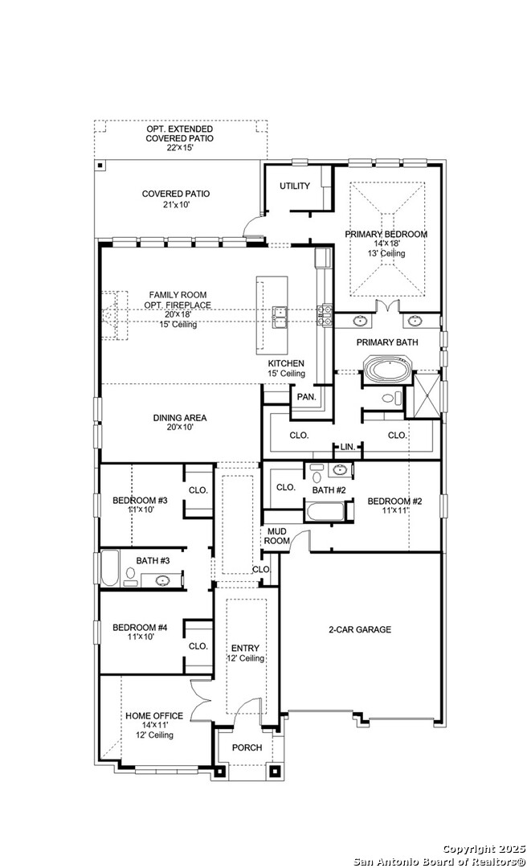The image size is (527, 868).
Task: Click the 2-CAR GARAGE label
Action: coord(360,629)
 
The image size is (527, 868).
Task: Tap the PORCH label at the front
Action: coord(247,747)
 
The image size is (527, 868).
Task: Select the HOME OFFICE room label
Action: coord(153,715)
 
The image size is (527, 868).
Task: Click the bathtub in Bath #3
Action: coord(110,568)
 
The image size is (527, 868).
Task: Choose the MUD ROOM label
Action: coord(276,536)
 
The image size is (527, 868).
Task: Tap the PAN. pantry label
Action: coord(305,397)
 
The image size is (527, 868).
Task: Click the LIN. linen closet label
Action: coord(347,446)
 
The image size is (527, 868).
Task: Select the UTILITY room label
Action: coord(295,186)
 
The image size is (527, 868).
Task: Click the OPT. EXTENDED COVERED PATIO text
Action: coord(179,133)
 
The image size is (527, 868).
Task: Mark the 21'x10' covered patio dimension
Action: coord(176,205)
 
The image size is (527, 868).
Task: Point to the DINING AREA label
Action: coord(180,417)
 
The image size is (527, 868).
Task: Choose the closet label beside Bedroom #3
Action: coord(198,489)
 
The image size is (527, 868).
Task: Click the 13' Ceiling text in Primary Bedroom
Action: coord(386,253)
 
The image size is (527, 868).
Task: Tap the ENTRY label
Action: coord(246,648)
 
